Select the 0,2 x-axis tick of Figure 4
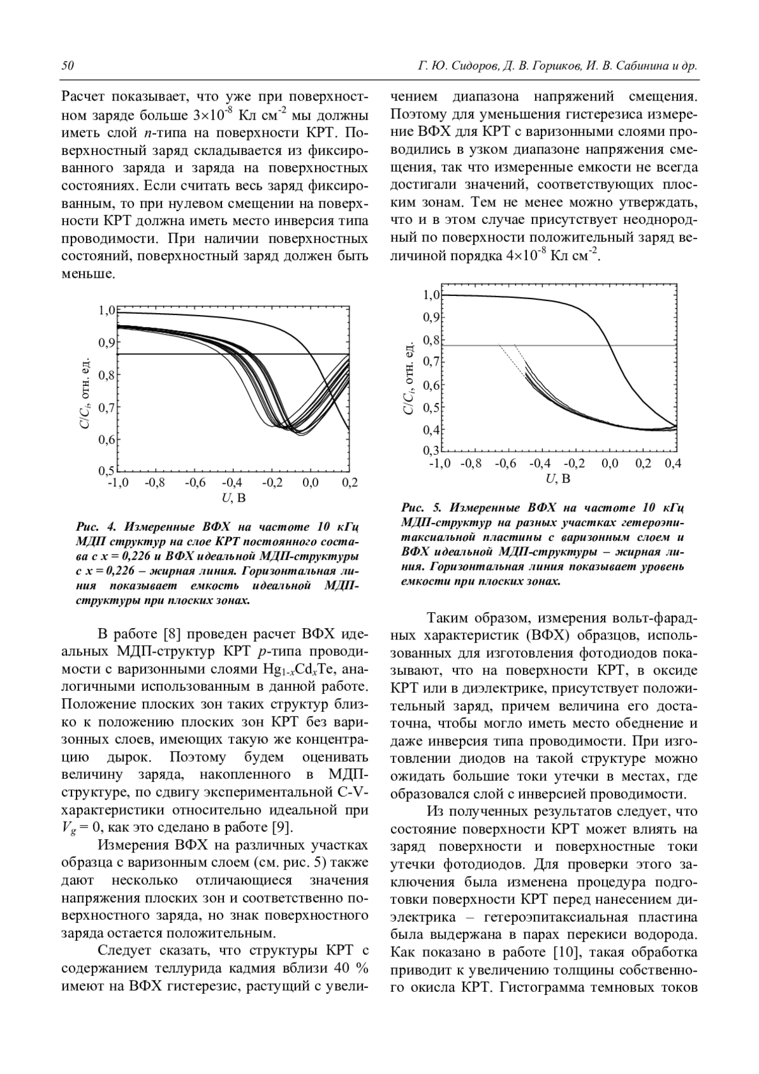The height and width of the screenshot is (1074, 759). pos(349,483)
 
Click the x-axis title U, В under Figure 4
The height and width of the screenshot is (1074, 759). pos(233,498)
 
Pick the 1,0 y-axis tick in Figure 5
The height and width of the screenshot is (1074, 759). pos(431,295)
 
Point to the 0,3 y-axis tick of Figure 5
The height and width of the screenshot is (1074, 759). pos(431,451)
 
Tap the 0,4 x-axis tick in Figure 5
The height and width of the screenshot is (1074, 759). pos(673,464)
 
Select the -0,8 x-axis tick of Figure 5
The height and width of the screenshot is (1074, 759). pos(471,464)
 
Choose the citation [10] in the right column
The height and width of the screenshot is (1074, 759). pos(562,953)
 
